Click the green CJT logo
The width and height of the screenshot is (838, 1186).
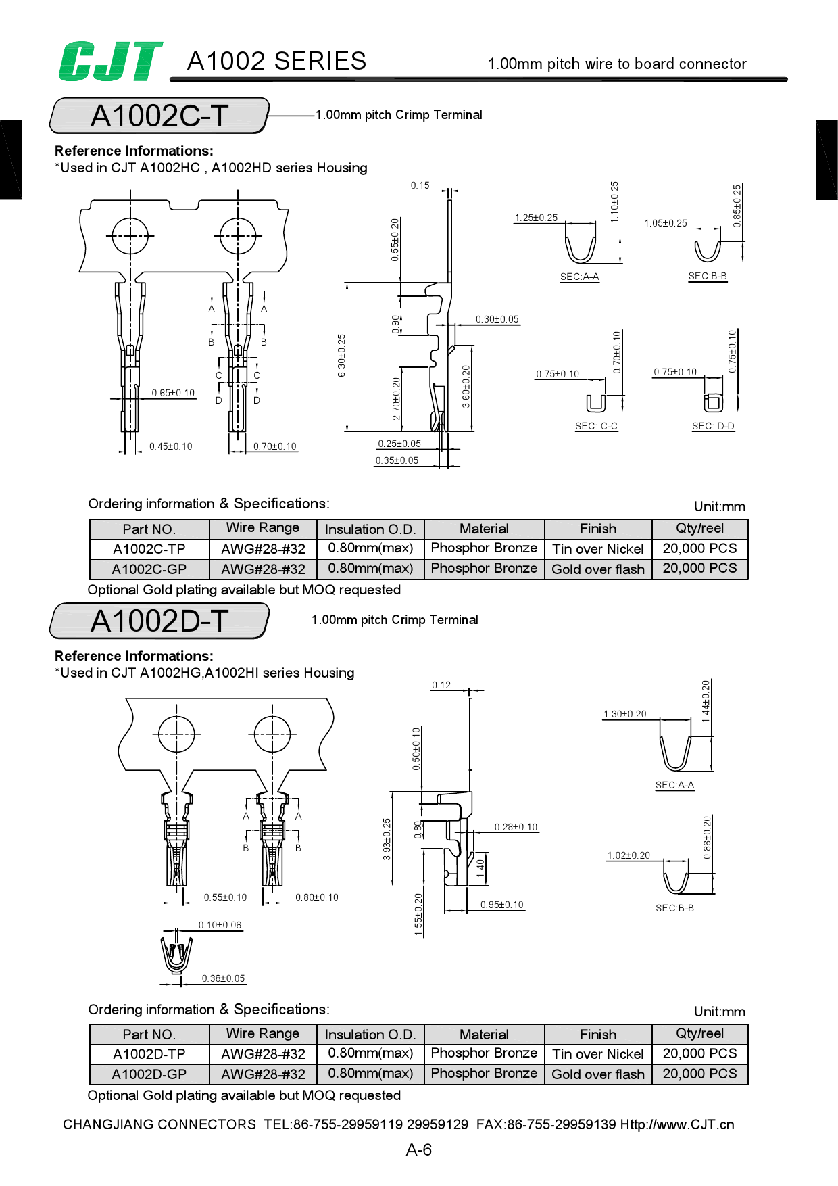pos(110,62)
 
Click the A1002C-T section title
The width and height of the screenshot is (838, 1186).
pos(159,116)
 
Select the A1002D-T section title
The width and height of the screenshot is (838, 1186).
pos(159,621)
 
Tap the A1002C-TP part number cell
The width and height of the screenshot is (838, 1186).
pos(149,549)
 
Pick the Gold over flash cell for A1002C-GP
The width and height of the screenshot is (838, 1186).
pos(598,569)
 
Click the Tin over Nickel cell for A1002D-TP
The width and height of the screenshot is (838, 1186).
pos(598,1054)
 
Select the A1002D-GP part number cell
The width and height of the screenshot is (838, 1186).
pos(149,1074)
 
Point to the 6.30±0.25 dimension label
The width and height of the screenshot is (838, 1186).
pos(342,356)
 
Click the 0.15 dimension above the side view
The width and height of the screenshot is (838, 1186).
pos(420,185)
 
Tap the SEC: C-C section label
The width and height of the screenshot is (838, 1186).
pos(596,426)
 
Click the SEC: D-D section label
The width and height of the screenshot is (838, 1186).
pos(713,426)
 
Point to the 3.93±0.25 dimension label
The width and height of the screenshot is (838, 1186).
pos(387,839)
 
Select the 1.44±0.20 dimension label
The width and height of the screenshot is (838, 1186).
pos(706,702)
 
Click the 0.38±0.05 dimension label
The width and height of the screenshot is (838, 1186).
pos(224,978)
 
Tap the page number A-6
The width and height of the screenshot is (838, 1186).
pos(419,1149)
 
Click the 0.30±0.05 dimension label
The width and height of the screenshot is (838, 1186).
pos(497,319)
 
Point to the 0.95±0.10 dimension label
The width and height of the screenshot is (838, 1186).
pos(502,905)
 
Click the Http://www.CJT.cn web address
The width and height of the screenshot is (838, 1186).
pos(677,1124)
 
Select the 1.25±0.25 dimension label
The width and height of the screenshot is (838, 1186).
pos(537,218)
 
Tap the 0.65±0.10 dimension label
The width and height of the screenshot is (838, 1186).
pos(173,393)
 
